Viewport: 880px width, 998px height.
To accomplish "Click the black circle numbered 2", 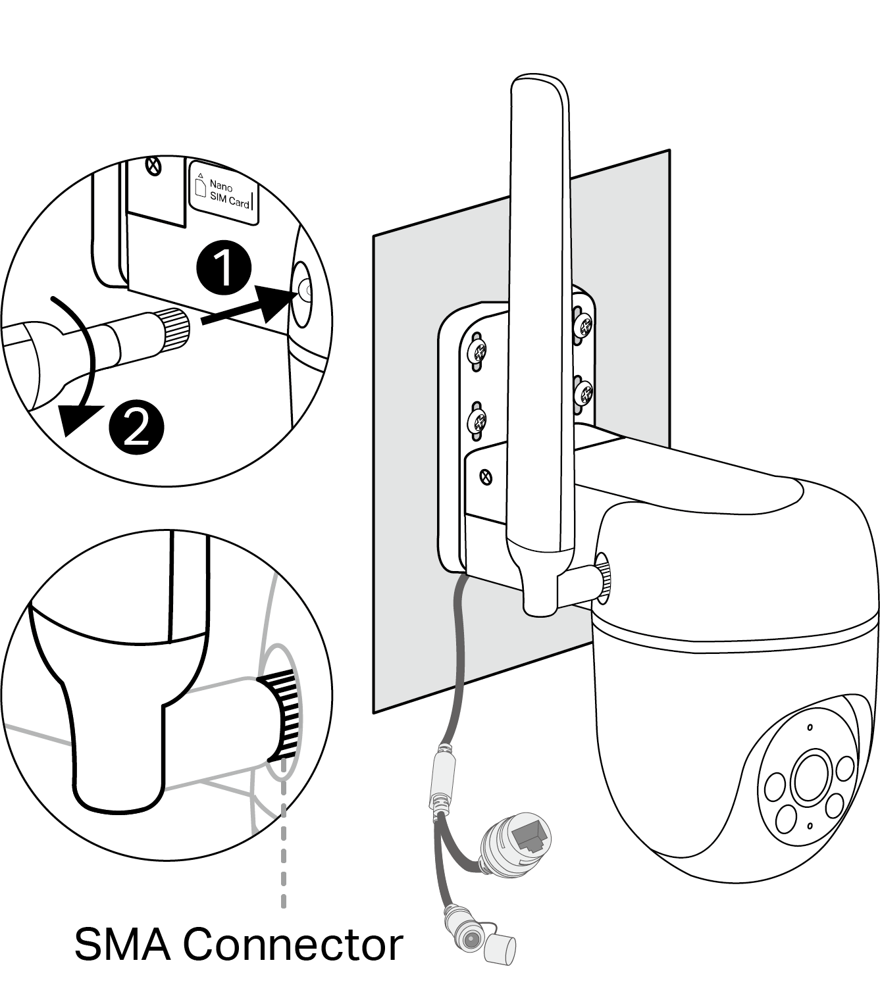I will pyautogui.click(x=137, y=428).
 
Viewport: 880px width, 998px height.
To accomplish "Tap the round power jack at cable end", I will pyautogui.click(x=471, y=940).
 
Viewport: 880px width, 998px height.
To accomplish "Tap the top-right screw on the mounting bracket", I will pyautogui.click(x=584, y=324).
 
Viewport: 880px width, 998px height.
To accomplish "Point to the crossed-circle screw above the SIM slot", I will pyautogui.click(x=154, y=165).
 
